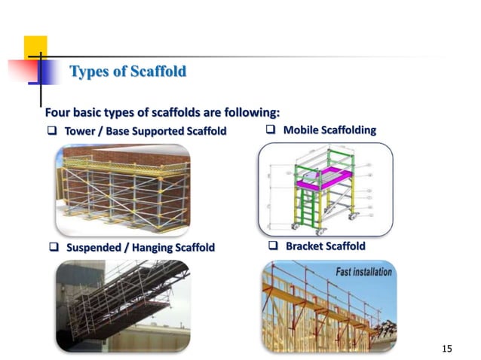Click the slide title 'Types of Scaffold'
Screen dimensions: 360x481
pos(127,72)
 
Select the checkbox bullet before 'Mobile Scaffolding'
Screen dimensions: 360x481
pos(271,130)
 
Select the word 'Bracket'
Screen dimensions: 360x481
pos(305,246)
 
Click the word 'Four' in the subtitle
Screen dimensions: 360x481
pos(59,113)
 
